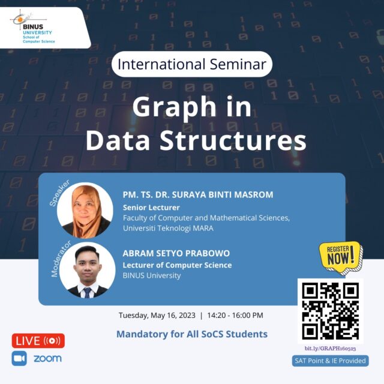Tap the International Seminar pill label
192,64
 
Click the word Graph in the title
175,107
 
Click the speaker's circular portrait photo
85,211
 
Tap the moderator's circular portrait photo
87,270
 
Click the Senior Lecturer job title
151,208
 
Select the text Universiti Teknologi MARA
168,228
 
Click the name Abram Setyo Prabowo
176,253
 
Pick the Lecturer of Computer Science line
177,265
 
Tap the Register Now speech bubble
340,257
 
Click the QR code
331,311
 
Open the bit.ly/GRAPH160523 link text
330,349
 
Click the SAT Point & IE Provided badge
330,361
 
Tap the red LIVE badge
38,341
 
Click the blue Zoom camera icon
19,358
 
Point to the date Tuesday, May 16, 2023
157,315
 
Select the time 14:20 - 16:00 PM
235,315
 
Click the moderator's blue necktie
87,293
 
